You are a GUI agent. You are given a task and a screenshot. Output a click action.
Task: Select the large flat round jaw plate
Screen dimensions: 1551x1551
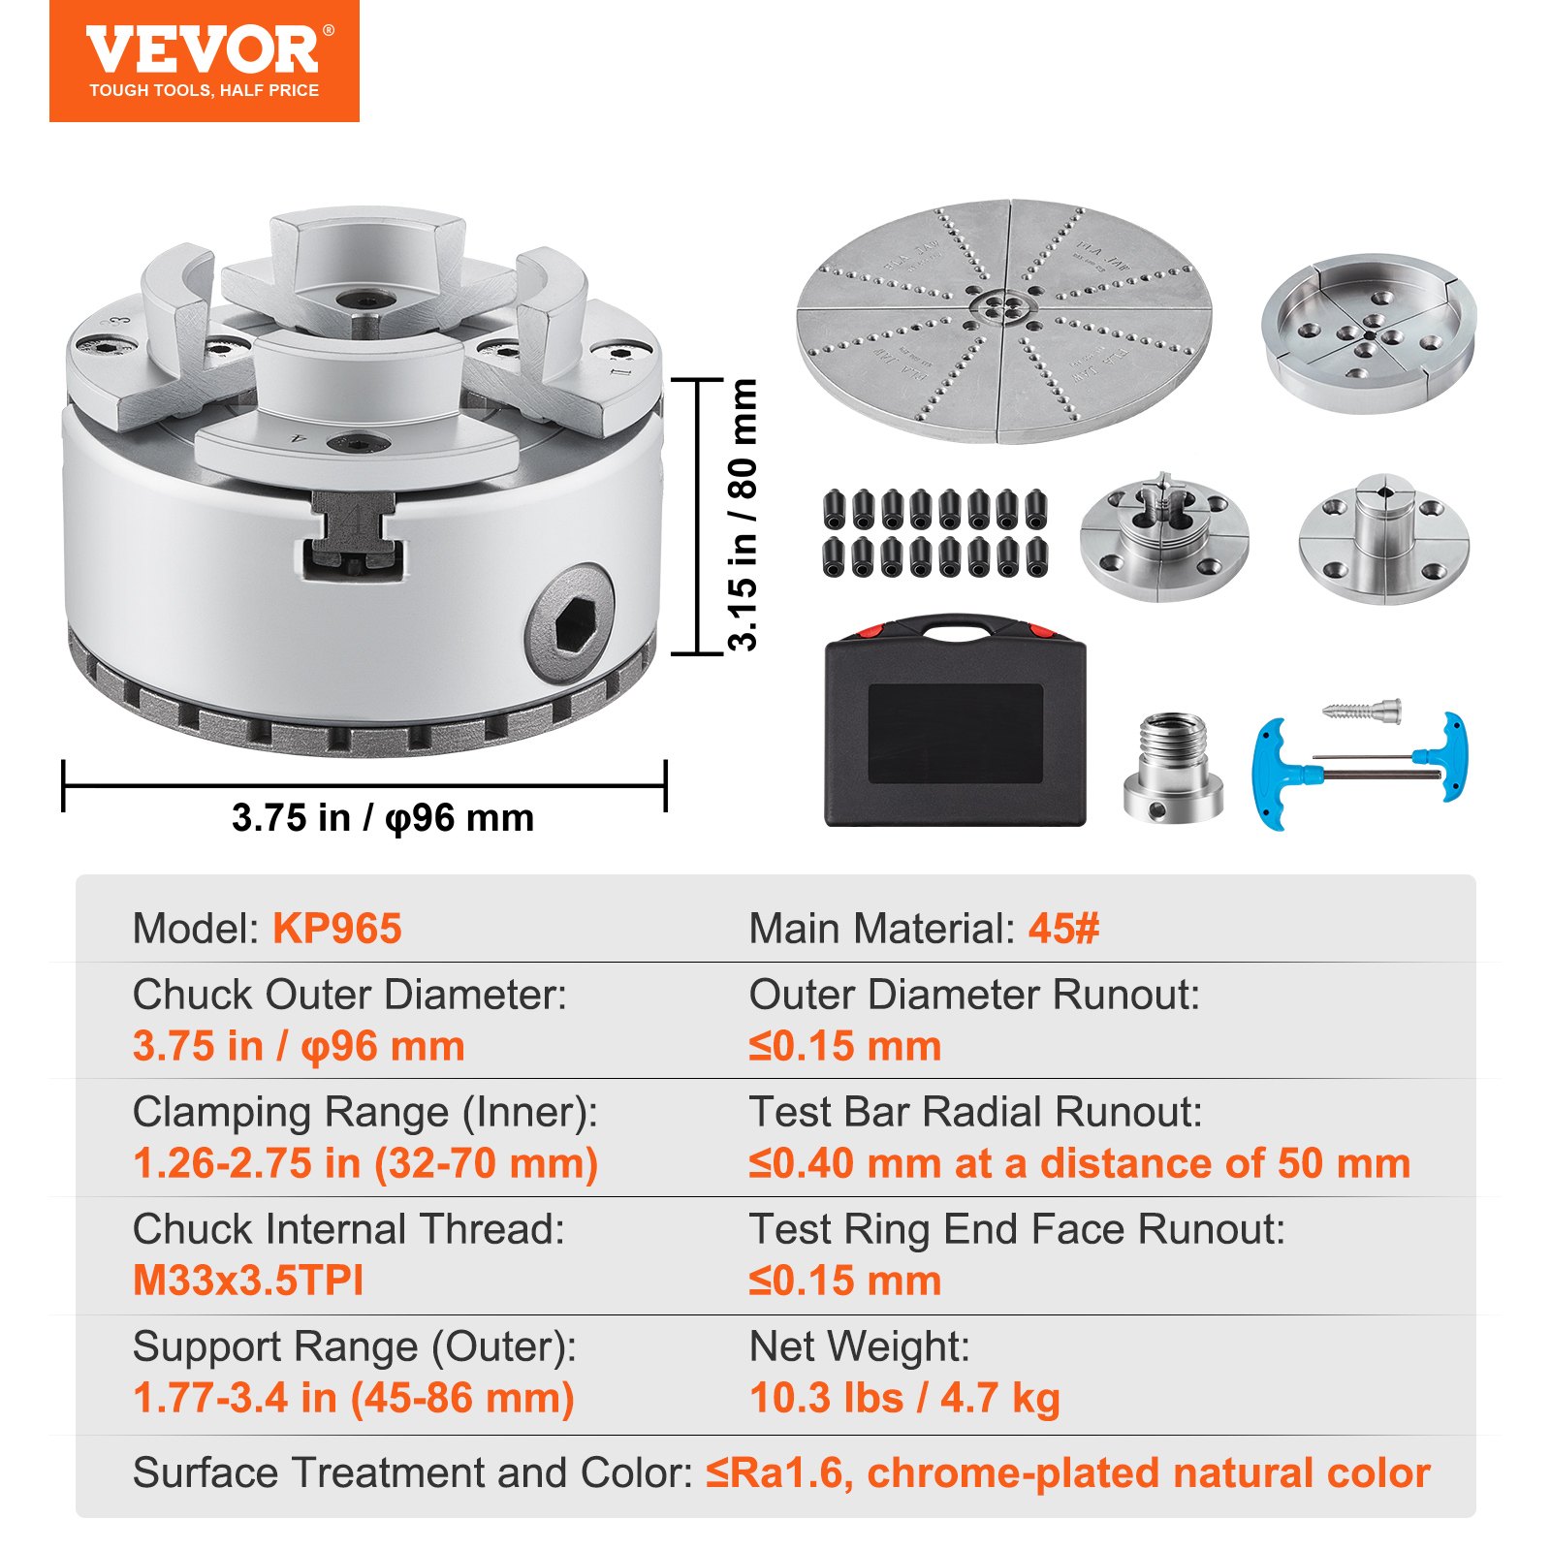coord(1003,321)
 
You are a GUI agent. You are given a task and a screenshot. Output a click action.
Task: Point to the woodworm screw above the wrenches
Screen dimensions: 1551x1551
coord(1363,709)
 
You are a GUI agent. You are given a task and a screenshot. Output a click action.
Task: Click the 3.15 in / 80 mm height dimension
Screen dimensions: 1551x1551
coord(743,515)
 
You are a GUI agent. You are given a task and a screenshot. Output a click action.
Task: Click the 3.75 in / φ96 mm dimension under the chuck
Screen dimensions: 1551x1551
coord(383,818)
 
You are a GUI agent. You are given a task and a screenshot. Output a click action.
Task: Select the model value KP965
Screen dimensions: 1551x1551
coord(336,929)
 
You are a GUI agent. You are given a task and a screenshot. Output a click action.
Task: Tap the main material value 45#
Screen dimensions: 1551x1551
coord(1063,929)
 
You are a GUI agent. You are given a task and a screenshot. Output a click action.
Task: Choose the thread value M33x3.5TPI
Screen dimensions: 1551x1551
coord(248,1281)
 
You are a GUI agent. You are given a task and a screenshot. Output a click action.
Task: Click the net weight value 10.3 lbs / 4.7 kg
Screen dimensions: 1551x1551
coord(904,1398)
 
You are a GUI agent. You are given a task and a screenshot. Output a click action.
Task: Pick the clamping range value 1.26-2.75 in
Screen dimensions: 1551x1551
coord(364,1163)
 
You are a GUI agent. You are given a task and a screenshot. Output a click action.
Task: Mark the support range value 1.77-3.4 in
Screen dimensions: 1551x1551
coord(353,1398)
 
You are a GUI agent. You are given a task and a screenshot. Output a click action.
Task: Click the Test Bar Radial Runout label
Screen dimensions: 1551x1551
coord(974,1112)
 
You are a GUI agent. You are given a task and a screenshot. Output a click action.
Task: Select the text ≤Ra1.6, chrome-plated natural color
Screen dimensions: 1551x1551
coord(1067,1472)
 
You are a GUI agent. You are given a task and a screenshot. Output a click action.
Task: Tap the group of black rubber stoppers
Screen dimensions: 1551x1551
coord(935,532)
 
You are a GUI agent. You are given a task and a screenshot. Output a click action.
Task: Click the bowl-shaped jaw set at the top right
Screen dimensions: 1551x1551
coord(1368,332)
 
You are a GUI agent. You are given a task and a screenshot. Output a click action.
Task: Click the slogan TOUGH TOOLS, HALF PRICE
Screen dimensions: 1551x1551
coord(204,90)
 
